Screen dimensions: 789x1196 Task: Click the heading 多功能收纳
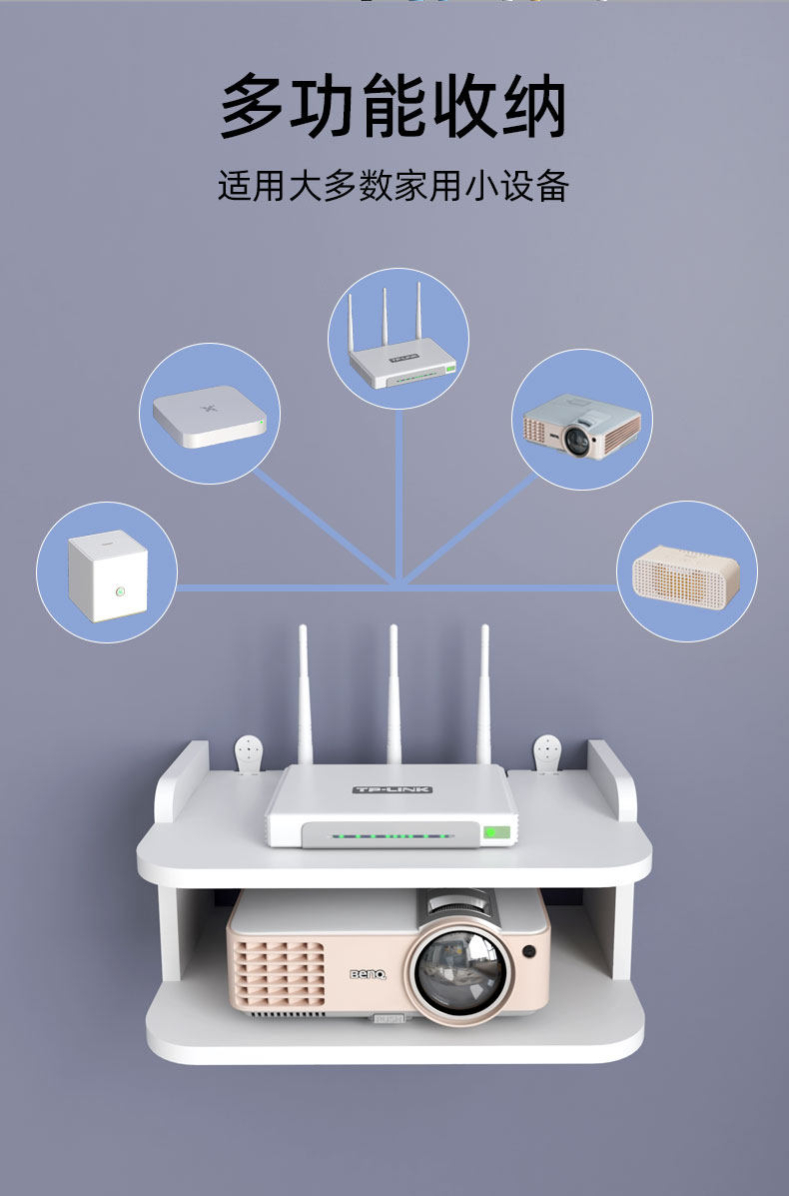pyautogui.click(x=394, y=106)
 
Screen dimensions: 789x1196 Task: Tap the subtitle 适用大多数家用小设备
pyautogui.click(x=394, y=186)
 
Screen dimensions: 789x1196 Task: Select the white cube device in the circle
pyautogui.click(x=107, y=575)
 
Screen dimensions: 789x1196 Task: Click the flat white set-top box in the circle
pyautogui.click(x=210, y=416)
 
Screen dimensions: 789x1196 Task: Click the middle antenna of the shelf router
pyautogui.click(x=394, y=694)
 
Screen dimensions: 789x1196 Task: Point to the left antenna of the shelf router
pyautogui.click(x=304, y=694)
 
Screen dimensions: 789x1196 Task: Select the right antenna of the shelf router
pyautogui.click(x=484, y=694)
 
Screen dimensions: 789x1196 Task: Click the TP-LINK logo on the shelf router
pyautogui.click(x=393, y=789)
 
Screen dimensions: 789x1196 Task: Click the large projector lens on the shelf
pyautogui.click(x=458, y=972)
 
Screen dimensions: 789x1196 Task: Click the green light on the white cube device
pyautogui.click(x=119, y=591)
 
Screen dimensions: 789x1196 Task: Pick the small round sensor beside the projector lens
pyautogui.click(x=528, y=950)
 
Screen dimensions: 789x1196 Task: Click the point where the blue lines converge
pyautogui.click(x=398, y=585)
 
